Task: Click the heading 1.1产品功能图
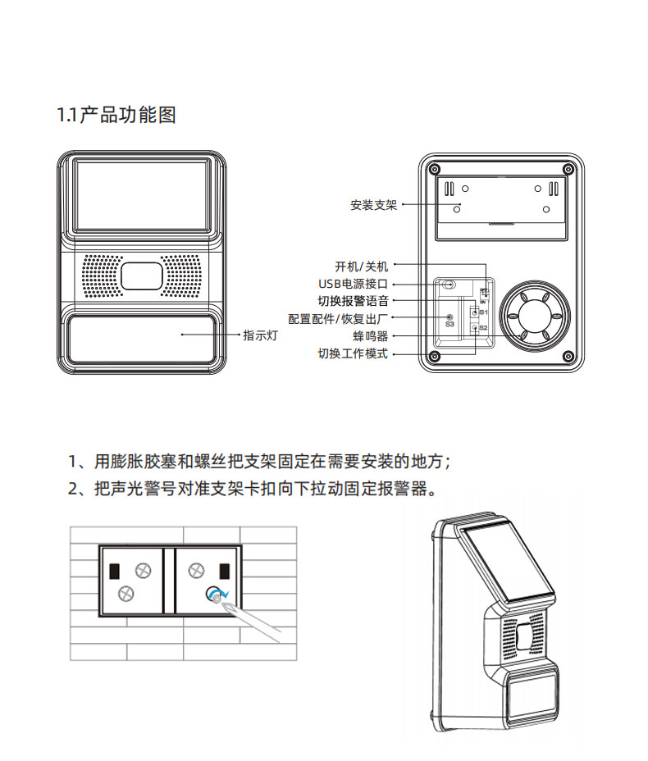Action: (x=116, y=115)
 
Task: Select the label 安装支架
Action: (x=373, y=205)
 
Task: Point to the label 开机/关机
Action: (x=361, y=267)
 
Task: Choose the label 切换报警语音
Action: (x=353, y=301)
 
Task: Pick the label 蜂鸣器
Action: (x=370, y=336)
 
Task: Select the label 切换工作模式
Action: (x=353, y=354)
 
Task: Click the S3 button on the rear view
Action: (x=449, y=317)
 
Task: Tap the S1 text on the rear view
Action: (x=484, y=312)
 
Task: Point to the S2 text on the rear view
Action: (x=484, y=328)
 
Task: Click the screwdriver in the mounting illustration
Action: (x=254, y=615)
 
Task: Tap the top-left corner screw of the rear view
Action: (x=435, y=169)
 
